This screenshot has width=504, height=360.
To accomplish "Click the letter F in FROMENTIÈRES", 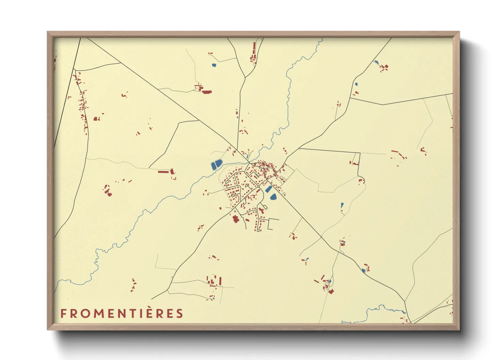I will click(63, 313).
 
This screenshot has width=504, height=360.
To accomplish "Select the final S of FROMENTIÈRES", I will click(179, 313).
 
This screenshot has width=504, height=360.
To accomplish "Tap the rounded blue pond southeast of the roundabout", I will click(273, 196).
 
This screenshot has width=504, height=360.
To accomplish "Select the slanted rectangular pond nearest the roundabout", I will click(269, 189).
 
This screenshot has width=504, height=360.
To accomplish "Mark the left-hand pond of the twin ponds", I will click(214, 166).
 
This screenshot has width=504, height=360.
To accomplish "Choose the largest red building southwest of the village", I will click(235, 218).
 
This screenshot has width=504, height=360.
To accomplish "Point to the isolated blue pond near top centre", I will click(214, 65).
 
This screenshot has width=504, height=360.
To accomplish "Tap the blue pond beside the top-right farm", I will click(376, 62).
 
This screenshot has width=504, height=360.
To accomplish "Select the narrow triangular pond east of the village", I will click(342, 206).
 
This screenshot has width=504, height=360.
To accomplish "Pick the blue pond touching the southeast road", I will click(363, 271).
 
